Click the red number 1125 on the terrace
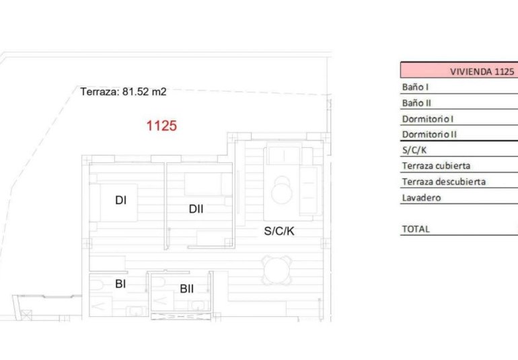coord(161,125)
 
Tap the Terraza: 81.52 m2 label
coord(123,92)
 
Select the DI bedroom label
coord(121,200)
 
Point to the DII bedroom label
coord(196,209)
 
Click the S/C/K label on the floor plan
coord(279,231)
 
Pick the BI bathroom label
coord(120,284)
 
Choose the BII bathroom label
coord(186,289)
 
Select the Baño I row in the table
coord(415,87)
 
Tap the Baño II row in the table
coord(416,103)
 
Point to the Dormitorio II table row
coord(429,134)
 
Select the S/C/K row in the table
coord(414,149)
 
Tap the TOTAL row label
coord(416,229)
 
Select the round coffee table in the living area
coord(282,190)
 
